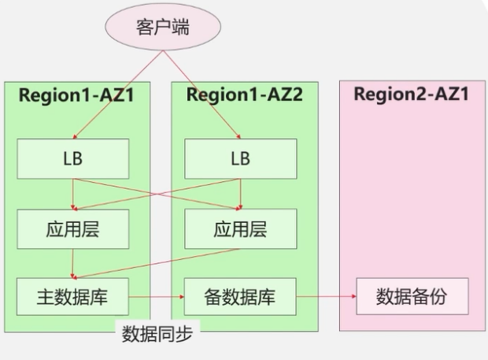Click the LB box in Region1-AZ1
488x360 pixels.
click(x=72, y=158)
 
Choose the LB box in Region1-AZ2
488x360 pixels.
click(x=240, y=158)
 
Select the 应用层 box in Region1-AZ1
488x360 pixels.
click(x=72, y=228)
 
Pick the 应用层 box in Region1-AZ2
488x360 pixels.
click(x=240, y=228)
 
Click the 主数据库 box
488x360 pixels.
click(x=72, y=298)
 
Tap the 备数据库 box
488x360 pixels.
click(x=240, y=298)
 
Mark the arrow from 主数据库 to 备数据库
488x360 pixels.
click(x=156, y=298)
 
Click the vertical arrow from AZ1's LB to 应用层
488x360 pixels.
click(x=72, y=193)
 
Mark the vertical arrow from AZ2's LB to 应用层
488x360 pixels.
click(x=240, y=193)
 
